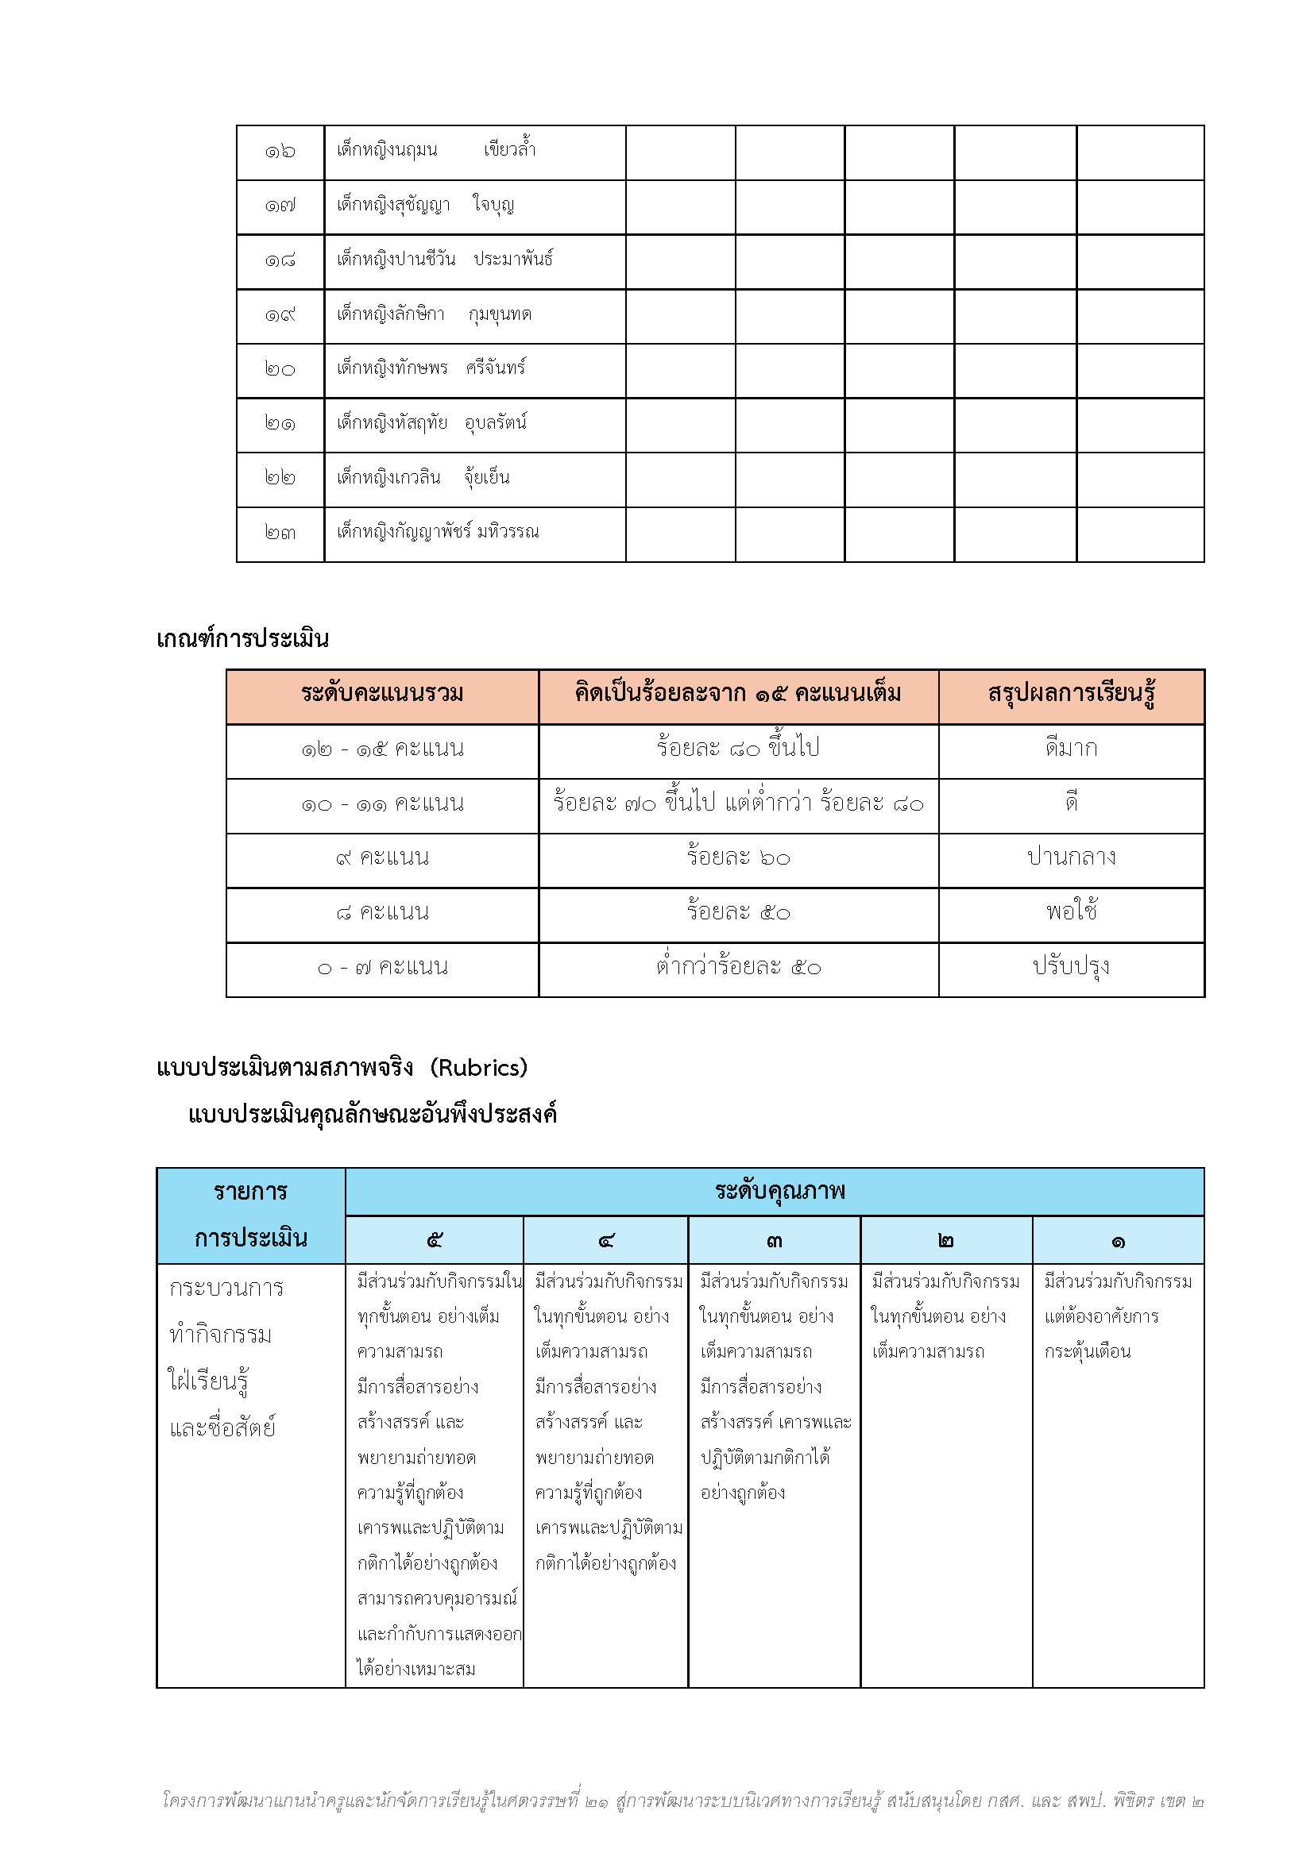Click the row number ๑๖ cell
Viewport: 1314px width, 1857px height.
tap(280, 152)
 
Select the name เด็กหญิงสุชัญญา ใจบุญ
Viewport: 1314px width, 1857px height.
tap(425, 206)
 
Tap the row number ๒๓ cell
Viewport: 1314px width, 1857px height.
tap(280, 533)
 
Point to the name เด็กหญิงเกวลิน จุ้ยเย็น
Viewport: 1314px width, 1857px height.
tap(423, 478)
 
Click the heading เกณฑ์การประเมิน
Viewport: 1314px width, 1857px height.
tap(243, 639)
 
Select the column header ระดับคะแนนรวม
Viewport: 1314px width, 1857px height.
tap(382, 694)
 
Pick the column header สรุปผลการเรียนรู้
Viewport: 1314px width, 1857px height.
tap(1070, 694)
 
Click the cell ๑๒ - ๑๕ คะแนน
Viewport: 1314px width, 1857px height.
tap(382, 749)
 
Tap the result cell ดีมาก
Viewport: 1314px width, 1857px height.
tap(1070, 749)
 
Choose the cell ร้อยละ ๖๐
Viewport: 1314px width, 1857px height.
tap(738, 857)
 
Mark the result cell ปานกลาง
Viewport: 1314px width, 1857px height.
tap(1070, 857)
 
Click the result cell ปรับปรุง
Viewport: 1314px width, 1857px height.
tap(1070, 966)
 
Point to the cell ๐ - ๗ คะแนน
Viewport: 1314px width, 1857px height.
tap(382, 967)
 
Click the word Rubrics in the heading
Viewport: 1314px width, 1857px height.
tap(479, 1068)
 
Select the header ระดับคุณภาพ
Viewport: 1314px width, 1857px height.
tap(779, 1191)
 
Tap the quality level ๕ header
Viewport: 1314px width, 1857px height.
tap(435, 1240)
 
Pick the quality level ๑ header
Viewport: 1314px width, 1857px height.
tap(1118, 1240)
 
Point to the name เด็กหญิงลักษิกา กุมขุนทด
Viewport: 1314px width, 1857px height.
tap(434, 314)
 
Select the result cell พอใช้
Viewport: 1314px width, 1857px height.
tap(1070, 912)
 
